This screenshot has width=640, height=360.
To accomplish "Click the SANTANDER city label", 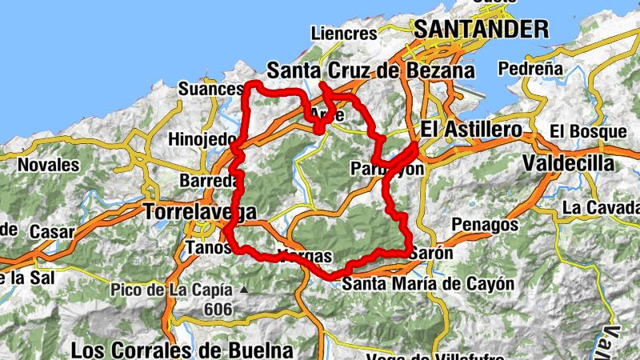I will point(481,30).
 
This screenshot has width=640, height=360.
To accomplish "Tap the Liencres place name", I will point(343,34).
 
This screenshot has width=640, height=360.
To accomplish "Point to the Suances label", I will point(210,88).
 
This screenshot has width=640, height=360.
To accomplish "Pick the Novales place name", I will point(49,165).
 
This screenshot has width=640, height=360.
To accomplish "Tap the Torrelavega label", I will point(200,212).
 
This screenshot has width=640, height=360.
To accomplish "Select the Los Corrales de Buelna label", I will point(182,350).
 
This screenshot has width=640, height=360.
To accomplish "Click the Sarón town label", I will point(431,254).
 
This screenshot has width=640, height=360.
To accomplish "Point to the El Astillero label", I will point(471,129).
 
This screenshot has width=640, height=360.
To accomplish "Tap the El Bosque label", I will point(588,130).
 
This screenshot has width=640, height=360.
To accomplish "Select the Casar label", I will point(52,231).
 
